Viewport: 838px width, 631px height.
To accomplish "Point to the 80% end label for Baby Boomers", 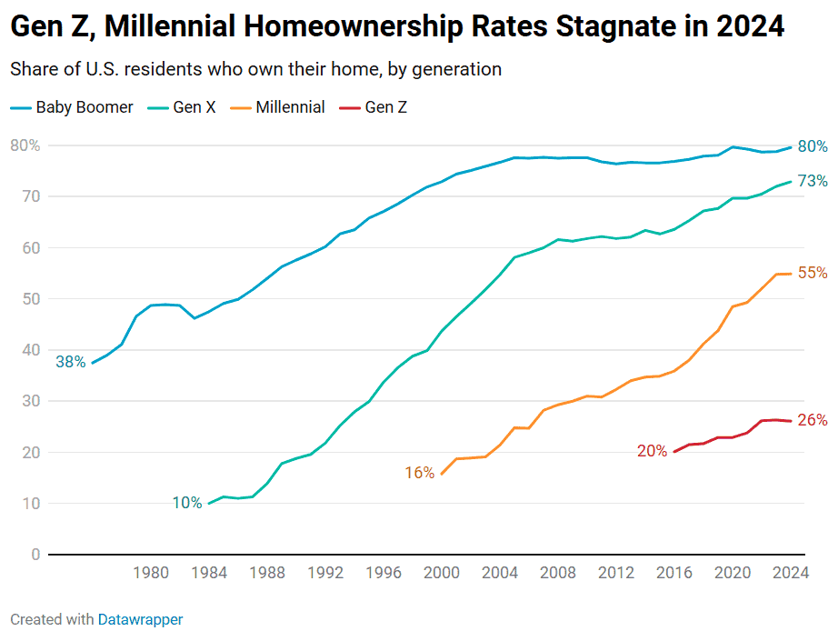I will point(812,146).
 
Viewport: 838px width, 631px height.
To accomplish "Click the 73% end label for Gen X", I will point(812,182).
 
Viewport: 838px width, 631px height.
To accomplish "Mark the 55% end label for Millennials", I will point(812,273).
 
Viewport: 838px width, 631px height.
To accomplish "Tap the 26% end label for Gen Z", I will point(812,420).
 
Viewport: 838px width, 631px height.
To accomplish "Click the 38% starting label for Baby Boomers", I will point(70,362).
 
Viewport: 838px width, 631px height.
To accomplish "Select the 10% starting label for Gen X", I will point(186,503).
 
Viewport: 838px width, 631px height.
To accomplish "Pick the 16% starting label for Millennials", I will point(419,473).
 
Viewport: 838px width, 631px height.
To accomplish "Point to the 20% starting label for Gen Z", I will point(652,451).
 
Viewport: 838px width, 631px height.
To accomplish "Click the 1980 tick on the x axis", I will point(151,573).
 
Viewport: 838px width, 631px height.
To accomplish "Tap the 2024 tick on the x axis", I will point(791,573).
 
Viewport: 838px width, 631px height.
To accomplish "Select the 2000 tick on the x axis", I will point(442,573).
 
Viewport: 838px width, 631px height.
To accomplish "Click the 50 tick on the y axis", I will point(31,299).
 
